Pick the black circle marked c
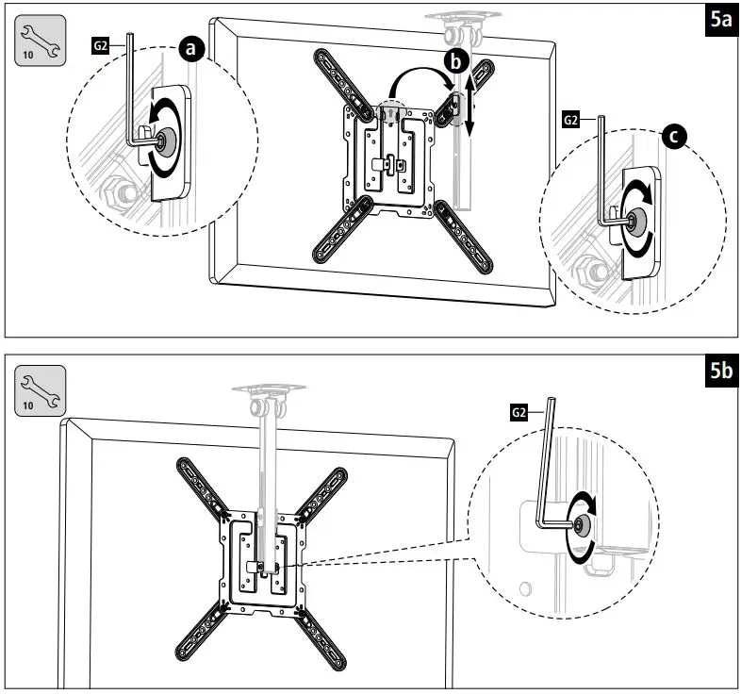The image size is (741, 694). pos(673,139)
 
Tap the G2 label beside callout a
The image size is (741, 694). pos(101,43)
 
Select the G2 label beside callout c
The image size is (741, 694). pos(570,121)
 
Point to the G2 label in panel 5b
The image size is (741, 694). pos(519,412)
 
